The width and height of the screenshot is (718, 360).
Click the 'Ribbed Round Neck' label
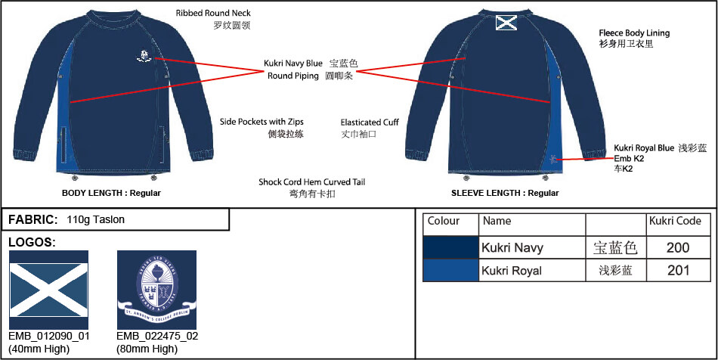213,14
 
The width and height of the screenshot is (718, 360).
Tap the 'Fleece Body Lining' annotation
634,33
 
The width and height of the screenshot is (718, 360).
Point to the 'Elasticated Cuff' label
370,122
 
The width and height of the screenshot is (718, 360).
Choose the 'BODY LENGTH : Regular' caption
111,193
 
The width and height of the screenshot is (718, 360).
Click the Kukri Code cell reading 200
678,247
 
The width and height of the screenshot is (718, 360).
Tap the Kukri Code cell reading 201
678,270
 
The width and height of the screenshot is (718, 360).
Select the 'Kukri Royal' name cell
512,271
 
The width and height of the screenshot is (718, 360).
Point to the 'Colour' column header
444,222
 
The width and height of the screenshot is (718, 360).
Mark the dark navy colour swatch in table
450,247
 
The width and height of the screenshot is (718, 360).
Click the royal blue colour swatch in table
450,270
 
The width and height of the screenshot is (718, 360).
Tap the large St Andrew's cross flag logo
49,290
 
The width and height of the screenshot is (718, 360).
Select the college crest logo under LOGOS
156,290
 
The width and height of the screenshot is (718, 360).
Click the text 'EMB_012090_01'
49,336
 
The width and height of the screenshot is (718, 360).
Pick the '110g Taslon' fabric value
96,220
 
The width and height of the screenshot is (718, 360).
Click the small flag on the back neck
506,23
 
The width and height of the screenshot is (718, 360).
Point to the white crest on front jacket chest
143,55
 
